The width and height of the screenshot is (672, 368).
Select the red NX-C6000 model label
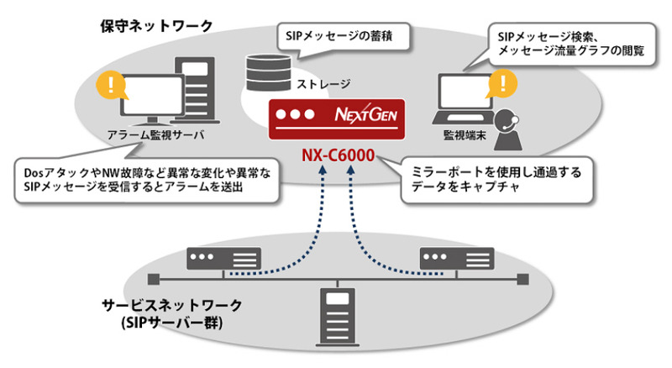339,155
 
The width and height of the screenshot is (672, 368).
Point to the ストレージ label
323,84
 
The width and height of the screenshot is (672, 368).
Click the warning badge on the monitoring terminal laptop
501,82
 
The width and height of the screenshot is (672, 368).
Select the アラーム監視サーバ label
156,134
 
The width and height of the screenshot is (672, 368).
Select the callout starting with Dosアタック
144,177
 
